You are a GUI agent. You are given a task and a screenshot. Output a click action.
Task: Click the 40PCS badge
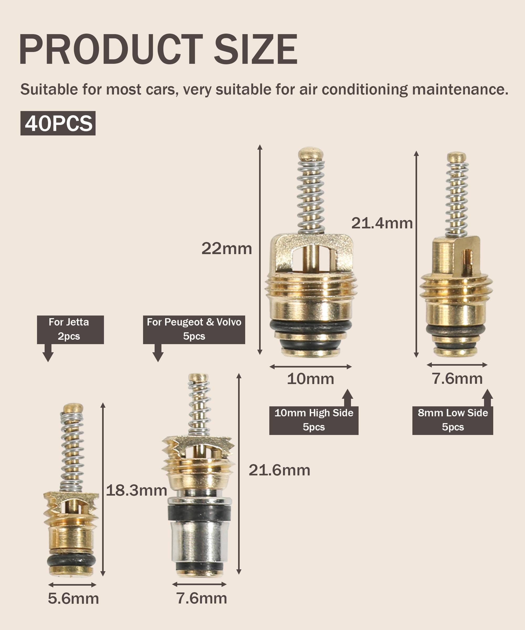pos(58,123)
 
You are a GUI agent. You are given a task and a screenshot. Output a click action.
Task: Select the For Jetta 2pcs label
pos(70,329)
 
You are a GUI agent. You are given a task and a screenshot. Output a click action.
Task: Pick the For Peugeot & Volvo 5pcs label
pos(194,329)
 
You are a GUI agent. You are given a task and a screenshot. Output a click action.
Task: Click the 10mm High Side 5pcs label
pos(314,420)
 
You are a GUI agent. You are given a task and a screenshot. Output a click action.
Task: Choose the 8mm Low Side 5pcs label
pos(453,420)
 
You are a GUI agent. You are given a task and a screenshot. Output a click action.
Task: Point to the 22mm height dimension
pos(227,248)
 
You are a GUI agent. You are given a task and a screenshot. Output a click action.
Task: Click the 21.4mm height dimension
pos(382,223)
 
